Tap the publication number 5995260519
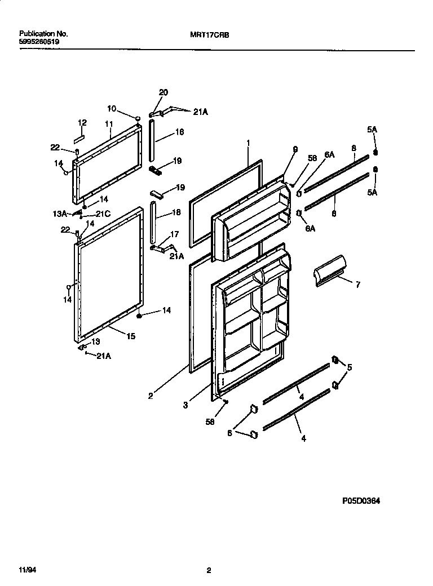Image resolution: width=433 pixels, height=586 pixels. coord(39,42)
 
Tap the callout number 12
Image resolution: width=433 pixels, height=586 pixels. coord(82,122)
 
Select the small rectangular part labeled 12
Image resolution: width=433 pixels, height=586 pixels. coord(79,136)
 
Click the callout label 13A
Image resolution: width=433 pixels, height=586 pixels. coord(60,214)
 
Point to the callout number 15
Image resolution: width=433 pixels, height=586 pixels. coord(130,336)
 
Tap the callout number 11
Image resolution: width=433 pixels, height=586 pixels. coord(109,124)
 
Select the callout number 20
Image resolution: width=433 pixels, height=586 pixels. coord(164,92)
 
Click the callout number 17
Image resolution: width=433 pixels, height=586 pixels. coord(173,234)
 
